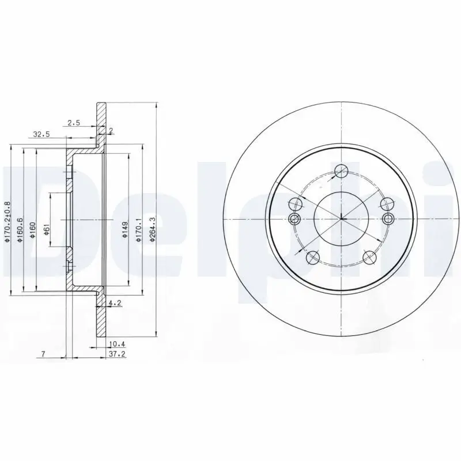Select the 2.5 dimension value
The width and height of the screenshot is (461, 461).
click(74, 122)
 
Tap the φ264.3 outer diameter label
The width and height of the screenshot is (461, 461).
click(152, 229)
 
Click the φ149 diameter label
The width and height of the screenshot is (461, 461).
click(124, 229)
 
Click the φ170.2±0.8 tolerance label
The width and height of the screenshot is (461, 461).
click(7, 222)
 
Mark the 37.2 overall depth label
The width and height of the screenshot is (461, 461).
click(117, 354)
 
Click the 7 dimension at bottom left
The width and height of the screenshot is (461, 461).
click(43, 354)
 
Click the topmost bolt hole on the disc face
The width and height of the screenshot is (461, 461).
click(341, 170)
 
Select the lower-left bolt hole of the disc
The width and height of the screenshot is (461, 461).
click(313, 256)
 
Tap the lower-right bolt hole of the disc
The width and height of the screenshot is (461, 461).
click(369, 256)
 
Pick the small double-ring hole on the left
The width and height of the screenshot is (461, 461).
click(295, 219)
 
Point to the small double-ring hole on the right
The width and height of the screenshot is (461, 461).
click(388, 218)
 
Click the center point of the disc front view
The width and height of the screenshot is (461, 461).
click(341, 219)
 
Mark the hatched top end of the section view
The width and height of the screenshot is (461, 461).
click(101, 115)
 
